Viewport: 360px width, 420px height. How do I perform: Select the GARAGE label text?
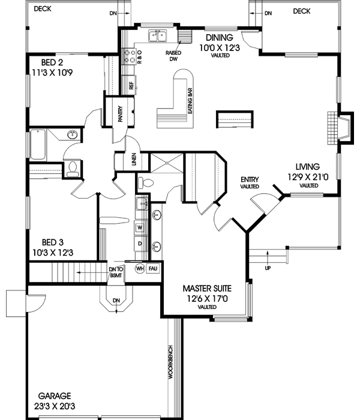click(x=55, y=396)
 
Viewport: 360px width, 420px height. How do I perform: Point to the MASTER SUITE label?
click(x=208, y=289)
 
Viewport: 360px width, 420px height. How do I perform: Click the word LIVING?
click(x=307, y=167)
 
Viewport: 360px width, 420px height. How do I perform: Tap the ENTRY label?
click(x=249, y=179)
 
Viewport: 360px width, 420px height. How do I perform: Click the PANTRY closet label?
click(x=120, y=114)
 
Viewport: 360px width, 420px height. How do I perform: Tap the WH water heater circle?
click(x=140, y=268)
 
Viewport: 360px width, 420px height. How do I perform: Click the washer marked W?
click(x=139, y=227)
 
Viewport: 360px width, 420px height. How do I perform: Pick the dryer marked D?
click(x=139, y=244)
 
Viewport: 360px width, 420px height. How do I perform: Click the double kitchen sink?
click(x=158, y=36)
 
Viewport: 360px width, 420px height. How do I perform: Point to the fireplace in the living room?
click(x=340, y=127)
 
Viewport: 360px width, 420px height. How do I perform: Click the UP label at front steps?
click(x=267, y=268)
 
